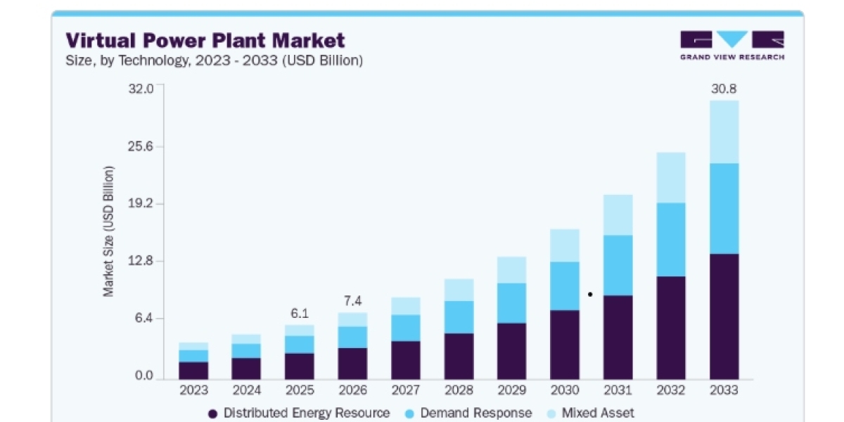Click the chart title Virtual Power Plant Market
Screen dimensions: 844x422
pyautogui.click(x=205, y=40)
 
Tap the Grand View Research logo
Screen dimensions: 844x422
pyautogui.click(x=732, y=46)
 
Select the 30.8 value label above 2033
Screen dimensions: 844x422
pyautogui.click(x=724, y=89)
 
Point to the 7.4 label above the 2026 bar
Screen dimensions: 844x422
pyautogui.click(x=352, y=301)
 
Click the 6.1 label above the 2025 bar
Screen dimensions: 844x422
pyautogui.click(x=300, y=313)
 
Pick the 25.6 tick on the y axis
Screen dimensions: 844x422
pyautogui.click(x=141, y=146)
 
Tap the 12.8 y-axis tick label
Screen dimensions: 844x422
pyautogui.click(x=141, y=261)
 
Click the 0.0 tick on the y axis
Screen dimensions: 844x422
pyautogui.click(x=144, y=376)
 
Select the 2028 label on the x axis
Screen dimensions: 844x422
pyautogui.click(x=459, y=390)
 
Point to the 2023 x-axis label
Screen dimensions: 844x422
pyautogui.click(x=193, y=390)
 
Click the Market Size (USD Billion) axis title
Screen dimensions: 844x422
pyautogui.click(x=108, y=231)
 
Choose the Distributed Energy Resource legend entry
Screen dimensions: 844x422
pyautogui.click(x=299, y=413)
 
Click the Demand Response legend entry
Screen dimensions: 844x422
pyautogui.click(x=468, y=413)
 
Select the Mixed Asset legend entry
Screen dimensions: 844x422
pyautogui.click(x=590, y=413)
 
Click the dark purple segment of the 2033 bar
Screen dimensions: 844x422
pyautogui.click(x=724, y=316)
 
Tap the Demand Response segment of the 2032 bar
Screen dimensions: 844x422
pyautogui.click(x=671, y=240)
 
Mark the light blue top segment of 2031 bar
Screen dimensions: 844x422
pyautogui.click(x=618, y=215)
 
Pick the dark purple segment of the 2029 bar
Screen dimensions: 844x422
pyautogui.click(x=512, y=351)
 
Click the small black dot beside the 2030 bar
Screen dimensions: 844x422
pyautogui.click(x=590, y=294)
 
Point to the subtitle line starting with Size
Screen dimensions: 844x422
pyautogui.click(x=214, y=60)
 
